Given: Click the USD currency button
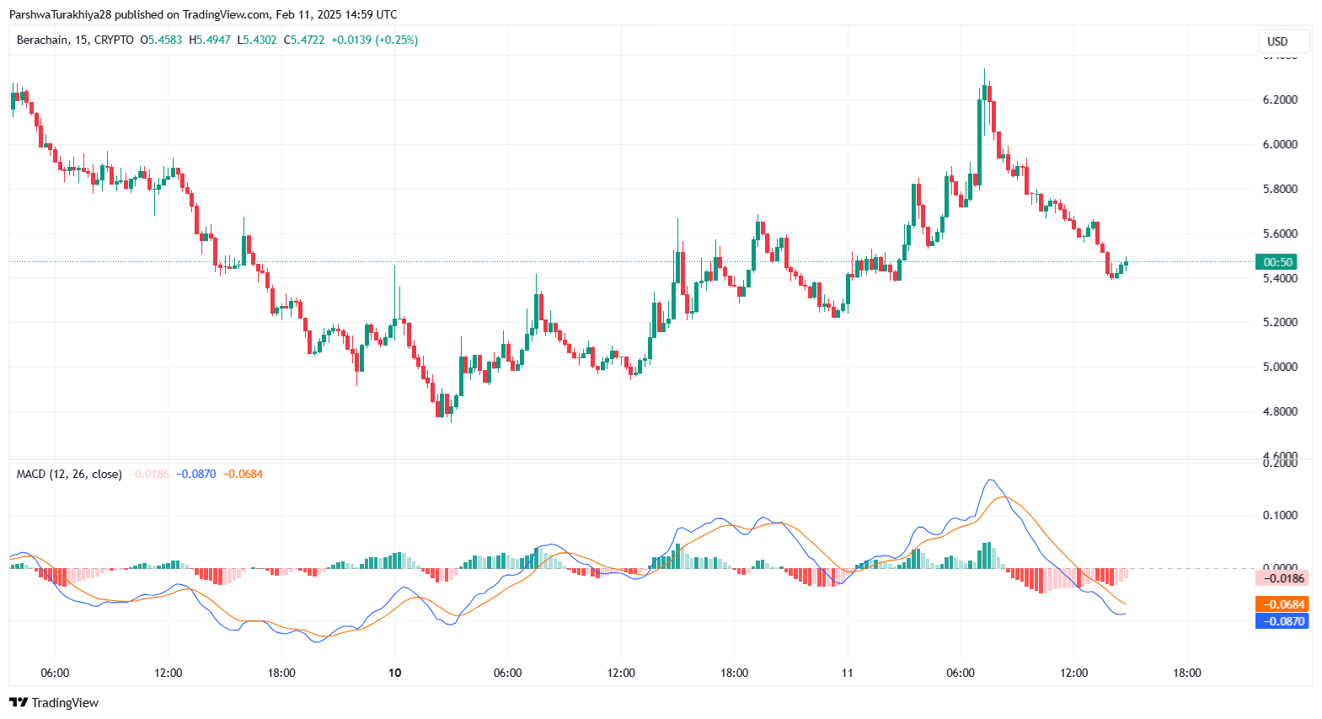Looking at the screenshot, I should point(1277,41).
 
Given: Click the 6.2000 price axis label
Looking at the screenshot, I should point(1279,99).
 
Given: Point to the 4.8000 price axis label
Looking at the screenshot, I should point(1279,411).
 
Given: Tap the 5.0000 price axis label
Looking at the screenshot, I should point(1279,367).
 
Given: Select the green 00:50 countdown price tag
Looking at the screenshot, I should point(1277,262).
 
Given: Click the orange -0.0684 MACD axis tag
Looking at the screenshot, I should point(1282,604).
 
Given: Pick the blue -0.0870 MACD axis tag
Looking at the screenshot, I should point(1282,621).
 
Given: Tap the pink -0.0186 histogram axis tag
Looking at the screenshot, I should point(1282,578).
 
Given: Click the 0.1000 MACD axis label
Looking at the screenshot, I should point(1279,515).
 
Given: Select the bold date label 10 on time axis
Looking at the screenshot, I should point(394,673).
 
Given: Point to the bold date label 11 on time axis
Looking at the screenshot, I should point(847,673).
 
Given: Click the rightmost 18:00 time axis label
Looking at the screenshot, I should point(1186,673).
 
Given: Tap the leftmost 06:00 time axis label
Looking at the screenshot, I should point(55,673).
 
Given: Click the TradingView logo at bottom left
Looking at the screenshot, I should point(54,703).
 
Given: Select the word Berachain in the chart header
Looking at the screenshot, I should point(42,40).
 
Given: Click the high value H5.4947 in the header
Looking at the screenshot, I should point(209,40).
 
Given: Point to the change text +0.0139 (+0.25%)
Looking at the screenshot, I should point(374,40).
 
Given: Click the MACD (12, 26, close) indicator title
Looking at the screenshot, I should point(69,474).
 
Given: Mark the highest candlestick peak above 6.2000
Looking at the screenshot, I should point(984,71).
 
